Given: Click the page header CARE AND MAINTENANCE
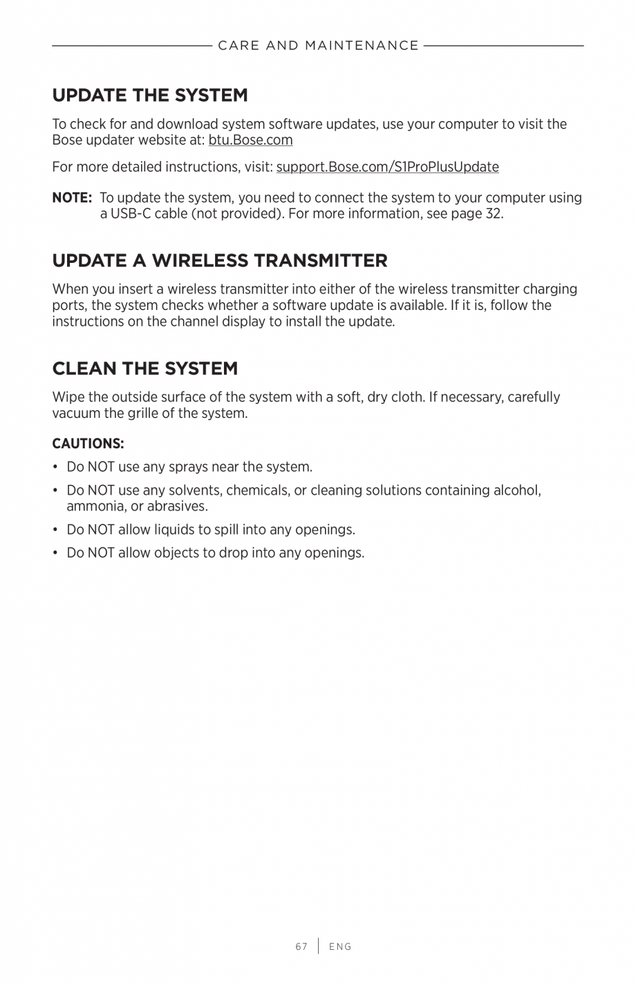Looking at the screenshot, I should [x=318, y=46].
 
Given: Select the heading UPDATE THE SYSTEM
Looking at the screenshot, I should [x=149, y=95].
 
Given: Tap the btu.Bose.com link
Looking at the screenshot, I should [x=250, y=140].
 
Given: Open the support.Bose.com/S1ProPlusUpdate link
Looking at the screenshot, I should [x=387, y=167].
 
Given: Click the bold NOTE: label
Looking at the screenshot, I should [x=72, y=198].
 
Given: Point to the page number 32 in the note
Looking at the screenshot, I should [x=493, y=214].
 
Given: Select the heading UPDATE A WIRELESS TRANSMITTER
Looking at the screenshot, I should [x=220, y=260].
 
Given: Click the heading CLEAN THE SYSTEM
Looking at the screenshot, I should [x=145, y=368].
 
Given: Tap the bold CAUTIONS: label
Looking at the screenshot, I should [x=88, y=443].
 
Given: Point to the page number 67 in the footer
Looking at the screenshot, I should [x=301, y=947].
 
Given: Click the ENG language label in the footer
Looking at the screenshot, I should [x=340, y=947].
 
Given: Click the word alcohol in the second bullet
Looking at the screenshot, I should [x=515, y=490].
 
